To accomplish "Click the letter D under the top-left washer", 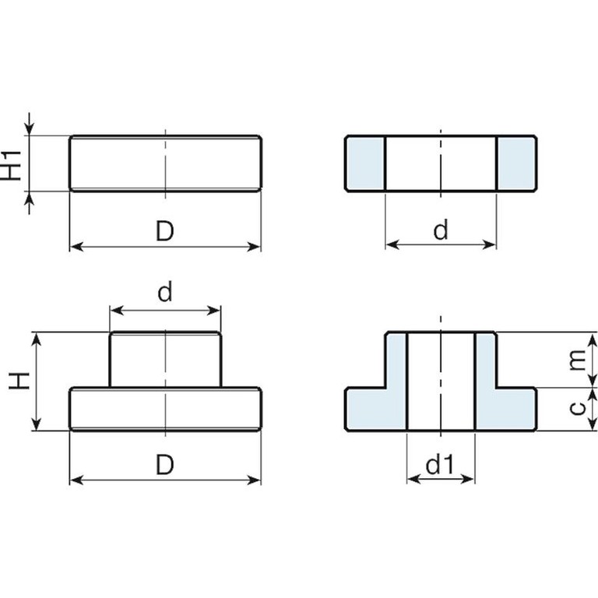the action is coord(165,230).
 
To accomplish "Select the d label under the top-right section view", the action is coord(441,230).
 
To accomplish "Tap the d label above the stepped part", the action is coord(165,292).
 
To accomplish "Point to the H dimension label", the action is coord(19,381).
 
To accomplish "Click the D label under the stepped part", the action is coord(165,464).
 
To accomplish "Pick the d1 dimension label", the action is coord(441,464).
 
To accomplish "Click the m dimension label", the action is coord(577,360).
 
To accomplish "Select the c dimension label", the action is coord(578,408).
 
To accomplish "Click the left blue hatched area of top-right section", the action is coord(365,164).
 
